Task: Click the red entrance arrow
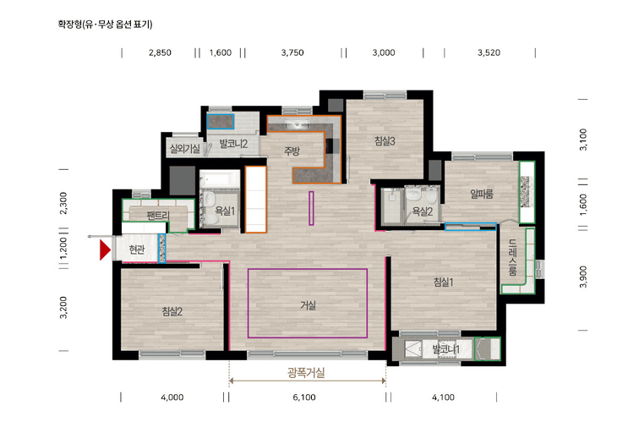click(105, 250)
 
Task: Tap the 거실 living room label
click(308, 304)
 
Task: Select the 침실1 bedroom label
click(444, 282)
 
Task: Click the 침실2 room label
click(172, 311)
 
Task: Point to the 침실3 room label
click(385, 141)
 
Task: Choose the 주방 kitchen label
click(292, 151)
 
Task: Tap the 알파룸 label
click(482, 194)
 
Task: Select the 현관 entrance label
click(137, 249)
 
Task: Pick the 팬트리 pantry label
click(158, 216)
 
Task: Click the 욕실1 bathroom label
click(225, 211)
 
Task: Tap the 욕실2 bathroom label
click(422, 211)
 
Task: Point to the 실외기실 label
click(184, 149)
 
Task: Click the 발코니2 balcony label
click(233, 144)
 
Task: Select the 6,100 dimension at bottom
click(304, 397)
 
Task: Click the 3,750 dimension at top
click(292, 52)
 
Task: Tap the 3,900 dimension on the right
click(583, 277)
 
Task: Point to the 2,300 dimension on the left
click(63, 204)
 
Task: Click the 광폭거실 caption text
click(306, 372)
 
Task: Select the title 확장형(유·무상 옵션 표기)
click(105, 25)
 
